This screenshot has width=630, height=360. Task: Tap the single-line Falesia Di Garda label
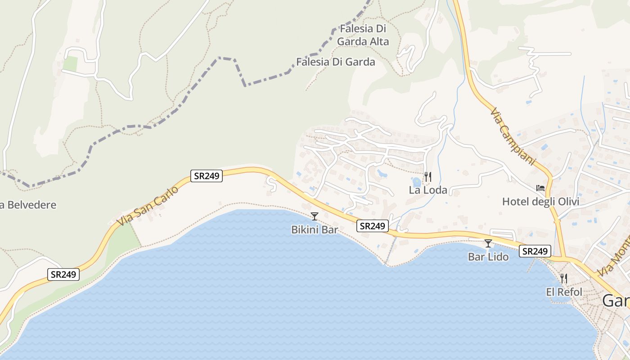(335, 62)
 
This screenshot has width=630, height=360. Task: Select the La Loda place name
(428, 190)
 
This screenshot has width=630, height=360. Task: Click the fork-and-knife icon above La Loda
(427, 177)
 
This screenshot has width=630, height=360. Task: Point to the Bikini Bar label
(315, 229)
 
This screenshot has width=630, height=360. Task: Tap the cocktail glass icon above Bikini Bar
(315, 216)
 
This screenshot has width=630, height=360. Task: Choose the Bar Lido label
(488, 257)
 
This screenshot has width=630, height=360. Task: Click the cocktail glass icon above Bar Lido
(488, 243)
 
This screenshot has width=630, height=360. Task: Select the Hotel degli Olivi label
(540, 202)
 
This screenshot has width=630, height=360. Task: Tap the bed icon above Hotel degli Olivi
(540, 188)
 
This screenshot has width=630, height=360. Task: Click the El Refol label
(564, 292)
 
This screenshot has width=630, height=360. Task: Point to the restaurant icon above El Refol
(563, 279)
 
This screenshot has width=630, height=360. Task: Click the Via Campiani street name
(513, 136)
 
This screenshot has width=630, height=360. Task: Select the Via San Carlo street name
(147, 206)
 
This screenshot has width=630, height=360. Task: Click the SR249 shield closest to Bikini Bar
(373, 226)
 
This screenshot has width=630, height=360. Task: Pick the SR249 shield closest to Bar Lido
(535, 251)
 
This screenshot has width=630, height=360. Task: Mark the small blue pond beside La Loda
(417, 182)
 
